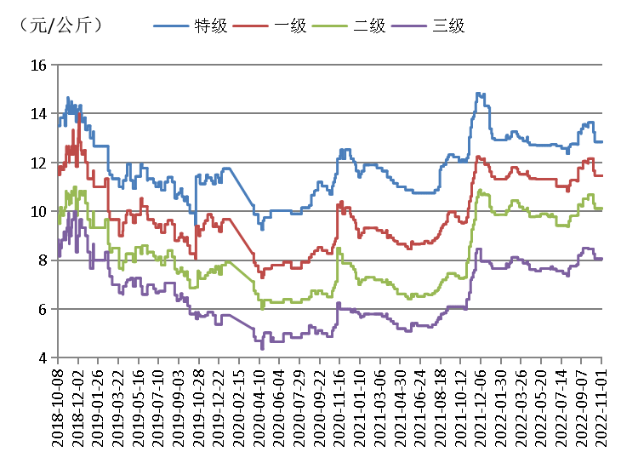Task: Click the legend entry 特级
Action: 211,26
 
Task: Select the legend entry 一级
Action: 289,26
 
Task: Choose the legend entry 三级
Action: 447,26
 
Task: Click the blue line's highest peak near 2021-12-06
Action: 479,94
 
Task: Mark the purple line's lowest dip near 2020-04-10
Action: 262,347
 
